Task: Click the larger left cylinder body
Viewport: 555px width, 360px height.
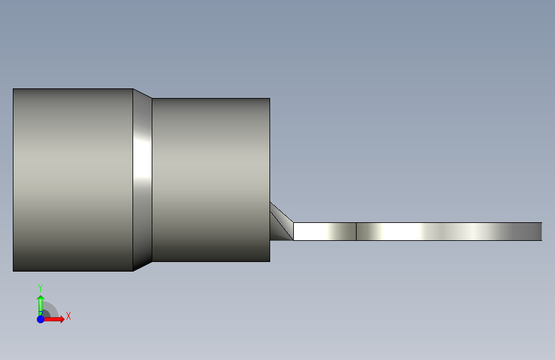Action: click(x=73, y=180)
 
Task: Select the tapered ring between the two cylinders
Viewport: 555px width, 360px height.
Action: click(x=142, y=180)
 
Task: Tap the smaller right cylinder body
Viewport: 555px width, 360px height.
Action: click(x=211, y=180)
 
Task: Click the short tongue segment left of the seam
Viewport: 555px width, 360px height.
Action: click(x=325, y=231)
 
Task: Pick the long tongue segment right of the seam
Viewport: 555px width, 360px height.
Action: click(x=449, y=231)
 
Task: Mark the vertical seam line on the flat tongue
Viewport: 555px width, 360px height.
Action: click(x=356, y=231)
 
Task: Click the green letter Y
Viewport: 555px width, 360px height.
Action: click(x=40, y=288)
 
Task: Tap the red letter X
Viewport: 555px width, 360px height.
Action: click(x=68, y=316)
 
